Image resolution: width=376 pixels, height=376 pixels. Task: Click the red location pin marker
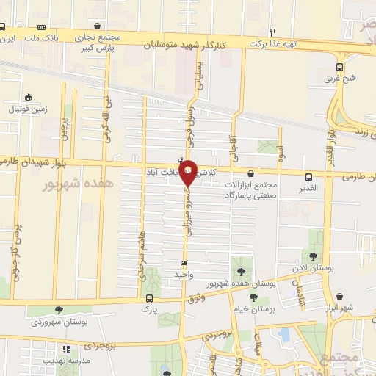click(x=188, y=173)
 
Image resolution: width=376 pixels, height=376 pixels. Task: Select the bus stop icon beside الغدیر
click(x=308, y=176)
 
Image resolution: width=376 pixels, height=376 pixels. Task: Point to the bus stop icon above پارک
click(x=150, y=298)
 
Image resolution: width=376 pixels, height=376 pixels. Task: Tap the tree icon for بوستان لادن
click(x=314, y=256)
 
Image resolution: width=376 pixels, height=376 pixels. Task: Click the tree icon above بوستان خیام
click(x=253, y=297)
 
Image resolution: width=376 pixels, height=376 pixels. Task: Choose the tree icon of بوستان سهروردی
click(x=59, y=311)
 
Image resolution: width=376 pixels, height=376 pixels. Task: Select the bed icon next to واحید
click(x=184, y=264)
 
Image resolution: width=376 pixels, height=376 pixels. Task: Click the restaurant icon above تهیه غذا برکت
click(x=272, y=32)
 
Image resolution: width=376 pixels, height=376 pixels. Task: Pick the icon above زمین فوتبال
click(x=28, y=97)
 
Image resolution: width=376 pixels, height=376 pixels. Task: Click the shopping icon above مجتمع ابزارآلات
click(x=251, y=174)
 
